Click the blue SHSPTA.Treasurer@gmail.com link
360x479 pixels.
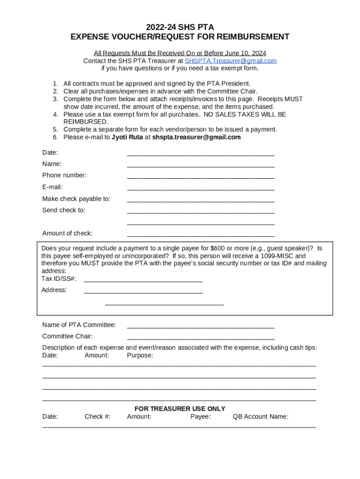[230, 61]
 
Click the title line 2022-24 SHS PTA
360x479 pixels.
[180, 27]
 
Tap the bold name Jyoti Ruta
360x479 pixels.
[127, 137]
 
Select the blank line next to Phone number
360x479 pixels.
[201, 177]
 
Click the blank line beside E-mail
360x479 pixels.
[201, 189]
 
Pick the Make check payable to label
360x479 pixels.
[76, 199]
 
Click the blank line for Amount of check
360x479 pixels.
[201, 235]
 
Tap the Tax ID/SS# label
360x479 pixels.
[59, 279]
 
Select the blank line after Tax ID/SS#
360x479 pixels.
[143, 281]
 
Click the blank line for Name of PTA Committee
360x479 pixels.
[201, 327]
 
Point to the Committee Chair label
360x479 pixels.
[67, 336]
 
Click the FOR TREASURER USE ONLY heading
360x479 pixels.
[180, 409]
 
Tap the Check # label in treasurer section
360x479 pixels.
[97, 417]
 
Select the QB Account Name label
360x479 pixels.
[260, 417]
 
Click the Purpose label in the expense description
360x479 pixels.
[140, 356]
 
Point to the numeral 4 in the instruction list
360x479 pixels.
[55, 115]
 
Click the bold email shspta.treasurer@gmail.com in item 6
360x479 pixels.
[196, 137]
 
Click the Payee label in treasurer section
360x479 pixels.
[201, 417]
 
